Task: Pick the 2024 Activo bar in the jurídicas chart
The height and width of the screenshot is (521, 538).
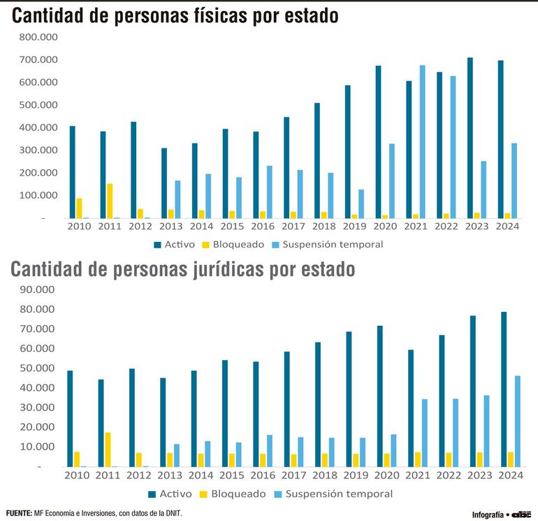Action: tap(504, 389)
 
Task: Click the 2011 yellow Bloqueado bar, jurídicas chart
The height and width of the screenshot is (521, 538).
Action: tap(108, 449)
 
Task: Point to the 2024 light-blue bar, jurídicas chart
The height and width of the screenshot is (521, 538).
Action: tap(518, 421)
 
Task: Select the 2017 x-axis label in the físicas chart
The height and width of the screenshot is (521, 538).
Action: tap(293, 227)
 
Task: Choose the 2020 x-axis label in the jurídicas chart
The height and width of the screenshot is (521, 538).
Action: tap(385, 476)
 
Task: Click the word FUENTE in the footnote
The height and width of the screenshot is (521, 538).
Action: tap(18, 513)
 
